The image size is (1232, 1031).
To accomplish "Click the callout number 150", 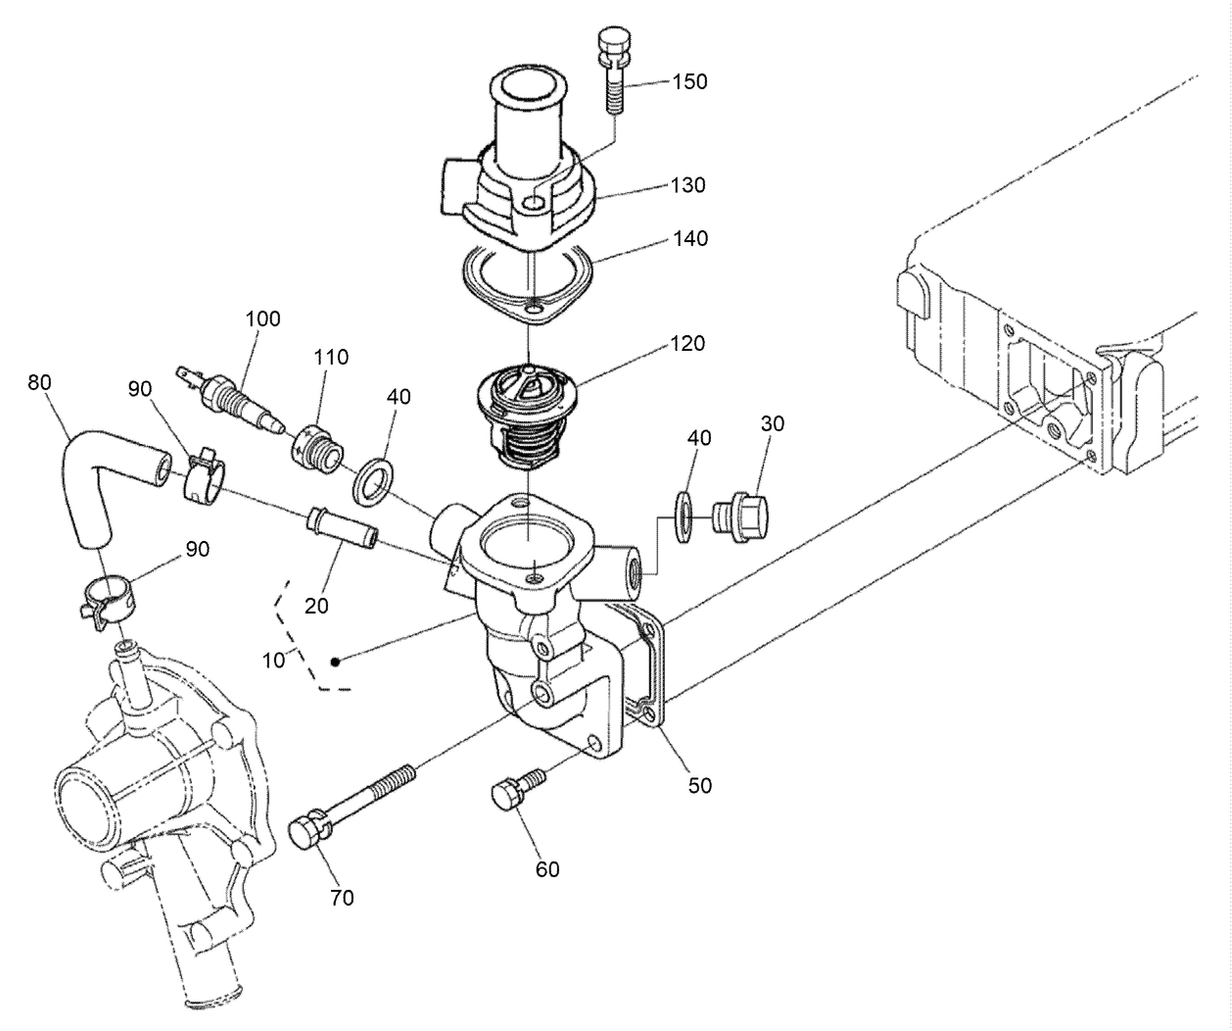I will coord(688,81).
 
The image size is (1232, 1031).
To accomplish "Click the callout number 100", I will coord(262,319).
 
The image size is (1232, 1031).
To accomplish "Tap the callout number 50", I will coord(699,785).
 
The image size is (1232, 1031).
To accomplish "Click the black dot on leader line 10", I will coord(335,662).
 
